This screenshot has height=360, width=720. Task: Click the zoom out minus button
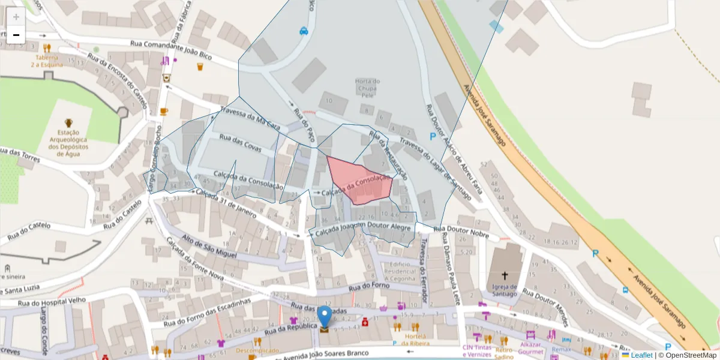[16, 35]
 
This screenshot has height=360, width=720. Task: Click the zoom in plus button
[16, 17]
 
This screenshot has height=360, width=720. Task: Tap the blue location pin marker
[324, 316]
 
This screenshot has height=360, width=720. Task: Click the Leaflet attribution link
[641, 355]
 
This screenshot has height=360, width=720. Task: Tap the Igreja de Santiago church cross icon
[505, 276]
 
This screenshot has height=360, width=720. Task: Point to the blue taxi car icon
[304, 31]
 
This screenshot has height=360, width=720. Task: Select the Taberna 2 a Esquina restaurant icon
[47, 48]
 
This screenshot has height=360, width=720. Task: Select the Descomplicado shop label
[257, 350]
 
